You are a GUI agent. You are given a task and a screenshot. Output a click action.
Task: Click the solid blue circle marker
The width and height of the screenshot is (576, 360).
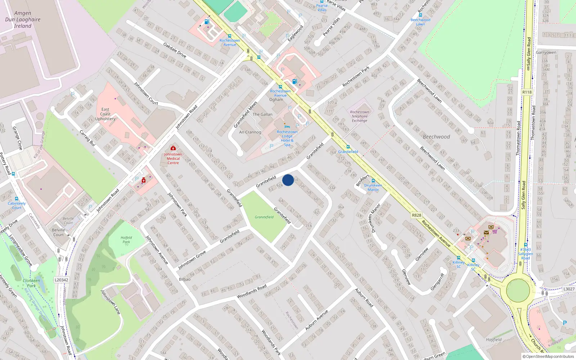[288, 180]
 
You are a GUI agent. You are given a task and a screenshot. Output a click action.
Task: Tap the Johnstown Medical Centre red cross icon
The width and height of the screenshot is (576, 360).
[173, 148]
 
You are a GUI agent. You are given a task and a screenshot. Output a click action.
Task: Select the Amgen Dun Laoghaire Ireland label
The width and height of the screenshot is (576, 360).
[23, 20]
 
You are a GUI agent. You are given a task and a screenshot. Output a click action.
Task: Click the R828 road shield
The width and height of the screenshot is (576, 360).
[417, 215]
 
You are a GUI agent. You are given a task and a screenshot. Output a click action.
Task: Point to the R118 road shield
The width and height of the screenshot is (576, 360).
[527, 92]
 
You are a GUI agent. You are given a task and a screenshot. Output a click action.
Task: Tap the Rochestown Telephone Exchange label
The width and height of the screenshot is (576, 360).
[359, 116]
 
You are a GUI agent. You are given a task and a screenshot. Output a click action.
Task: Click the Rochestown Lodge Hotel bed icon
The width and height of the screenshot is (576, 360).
[287, 127]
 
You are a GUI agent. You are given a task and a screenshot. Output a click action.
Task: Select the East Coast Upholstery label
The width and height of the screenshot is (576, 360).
[105, 114]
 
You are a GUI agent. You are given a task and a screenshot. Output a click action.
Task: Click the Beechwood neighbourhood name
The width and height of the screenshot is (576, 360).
[436, 137]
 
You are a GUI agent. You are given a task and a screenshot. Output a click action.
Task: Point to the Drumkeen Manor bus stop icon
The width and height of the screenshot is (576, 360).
[373, 181]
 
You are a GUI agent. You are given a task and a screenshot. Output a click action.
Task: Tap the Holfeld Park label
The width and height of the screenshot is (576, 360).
[126, 240]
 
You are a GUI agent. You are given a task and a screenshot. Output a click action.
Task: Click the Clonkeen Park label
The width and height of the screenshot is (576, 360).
[31, 283]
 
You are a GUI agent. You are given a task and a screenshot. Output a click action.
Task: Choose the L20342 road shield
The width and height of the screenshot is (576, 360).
[62, 280]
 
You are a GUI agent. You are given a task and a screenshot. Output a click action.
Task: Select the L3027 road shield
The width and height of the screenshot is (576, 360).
[569, 289]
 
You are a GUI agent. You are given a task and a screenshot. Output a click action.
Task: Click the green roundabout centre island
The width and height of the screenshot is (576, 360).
[518, 291]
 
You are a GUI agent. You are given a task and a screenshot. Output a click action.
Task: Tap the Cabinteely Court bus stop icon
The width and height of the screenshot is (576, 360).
[17, 199]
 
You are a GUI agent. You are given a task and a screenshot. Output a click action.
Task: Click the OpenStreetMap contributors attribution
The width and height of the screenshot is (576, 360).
[548, 357]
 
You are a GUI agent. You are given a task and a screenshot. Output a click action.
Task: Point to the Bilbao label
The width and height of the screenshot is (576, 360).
[185, 279]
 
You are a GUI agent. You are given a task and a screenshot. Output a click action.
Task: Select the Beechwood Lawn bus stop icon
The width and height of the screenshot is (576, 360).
[420, 15]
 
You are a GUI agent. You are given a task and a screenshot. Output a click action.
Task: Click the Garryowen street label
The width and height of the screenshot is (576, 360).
[546, 53]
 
